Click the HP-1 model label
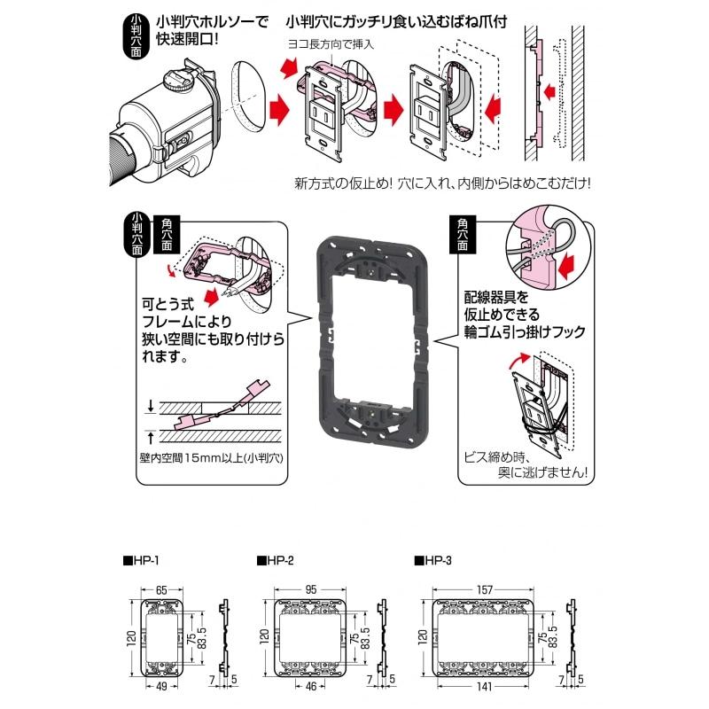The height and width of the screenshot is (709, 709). point(141,561)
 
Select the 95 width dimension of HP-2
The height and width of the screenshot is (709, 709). point(310,588)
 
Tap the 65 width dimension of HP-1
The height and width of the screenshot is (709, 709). point(163,588)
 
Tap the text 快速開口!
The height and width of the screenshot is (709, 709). point(187,40)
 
